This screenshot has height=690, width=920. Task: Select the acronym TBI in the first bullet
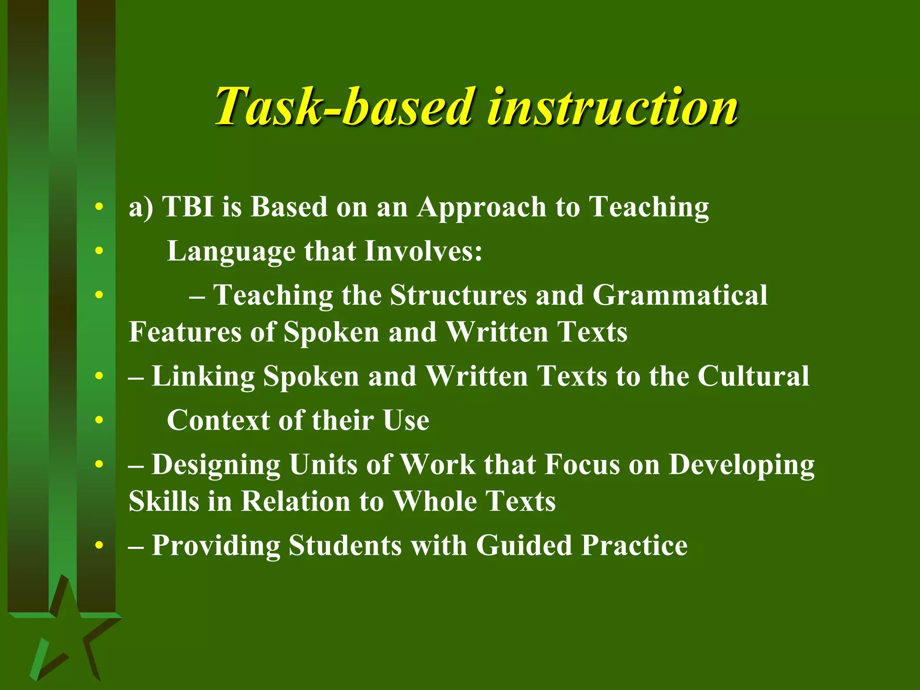(188, 207)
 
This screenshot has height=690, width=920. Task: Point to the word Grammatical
(680, 296)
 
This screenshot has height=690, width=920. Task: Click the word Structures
(458, 296)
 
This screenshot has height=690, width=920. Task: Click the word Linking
(203, 376)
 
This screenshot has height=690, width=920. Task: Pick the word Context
(218, 420)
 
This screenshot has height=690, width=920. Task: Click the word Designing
(216, 465)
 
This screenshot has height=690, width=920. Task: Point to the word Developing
(741, 465)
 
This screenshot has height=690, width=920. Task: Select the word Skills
(164, 501)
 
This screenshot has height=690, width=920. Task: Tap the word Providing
(216, 546)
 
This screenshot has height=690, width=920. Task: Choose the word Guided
(524, 546)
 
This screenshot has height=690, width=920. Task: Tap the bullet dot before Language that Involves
(99, 251)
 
